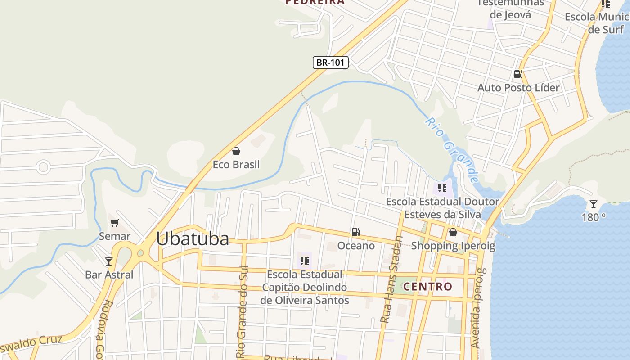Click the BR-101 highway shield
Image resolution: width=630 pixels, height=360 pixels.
(x=331, y=63)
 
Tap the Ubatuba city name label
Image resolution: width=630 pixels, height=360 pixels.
(x=193, y=238)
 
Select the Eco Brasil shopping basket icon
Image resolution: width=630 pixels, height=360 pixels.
(x=236, y=151)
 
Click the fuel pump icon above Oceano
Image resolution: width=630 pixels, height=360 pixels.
(x=355, y=232)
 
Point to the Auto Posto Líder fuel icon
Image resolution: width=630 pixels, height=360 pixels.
(x=518, y=74)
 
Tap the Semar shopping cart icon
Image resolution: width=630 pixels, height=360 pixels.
(x=115, y=223)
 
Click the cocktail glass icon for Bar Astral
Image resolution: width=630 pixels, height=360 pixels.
(x=109, y=261)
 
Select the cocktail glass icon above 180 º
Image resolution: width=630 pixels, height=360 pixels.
(x=594, y=204)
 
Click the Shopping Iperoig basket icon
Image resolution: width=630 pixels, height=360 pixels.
(x=453, y=232)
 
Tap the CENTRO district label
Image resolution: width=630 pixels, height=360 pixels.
(x=427, y=286)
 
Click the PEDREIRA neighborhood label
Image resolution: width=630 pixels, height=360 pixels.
(x=315, y=2)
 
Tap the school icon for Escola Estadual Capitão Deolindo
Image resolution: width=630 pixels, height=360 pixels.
(x=305, y=261)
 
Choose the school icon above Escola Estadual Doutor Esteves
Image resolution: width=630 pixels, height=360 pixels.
(x=442, y=188)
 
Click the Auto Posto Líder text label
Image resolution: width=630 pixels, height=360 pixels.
(x=518, y=87)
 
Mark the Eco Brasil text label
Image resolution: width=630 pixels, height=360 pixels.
(x=236, y=165)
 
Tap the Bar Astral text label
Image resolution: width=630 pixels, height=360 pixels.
(x=109, y=274)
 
